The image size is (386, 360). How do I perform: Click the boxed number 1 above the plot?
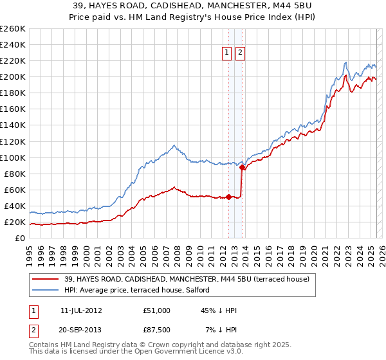[228, 53]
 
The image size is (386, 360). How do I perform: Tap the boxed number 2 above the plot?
[240, 53]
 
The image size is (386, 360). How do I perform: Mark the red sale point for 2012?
[228, 197]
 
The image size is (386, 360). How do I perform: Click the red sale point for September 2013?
[242, 167]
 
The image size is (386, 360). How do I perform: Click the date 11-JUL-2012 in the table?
[82, 310]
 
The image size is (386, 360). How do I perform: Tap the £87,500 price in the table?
[156, 330]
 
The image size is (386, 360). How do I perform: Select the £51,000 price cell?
[156, 310]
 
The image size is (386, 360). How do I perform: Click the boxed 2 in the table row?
[33, 330]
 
